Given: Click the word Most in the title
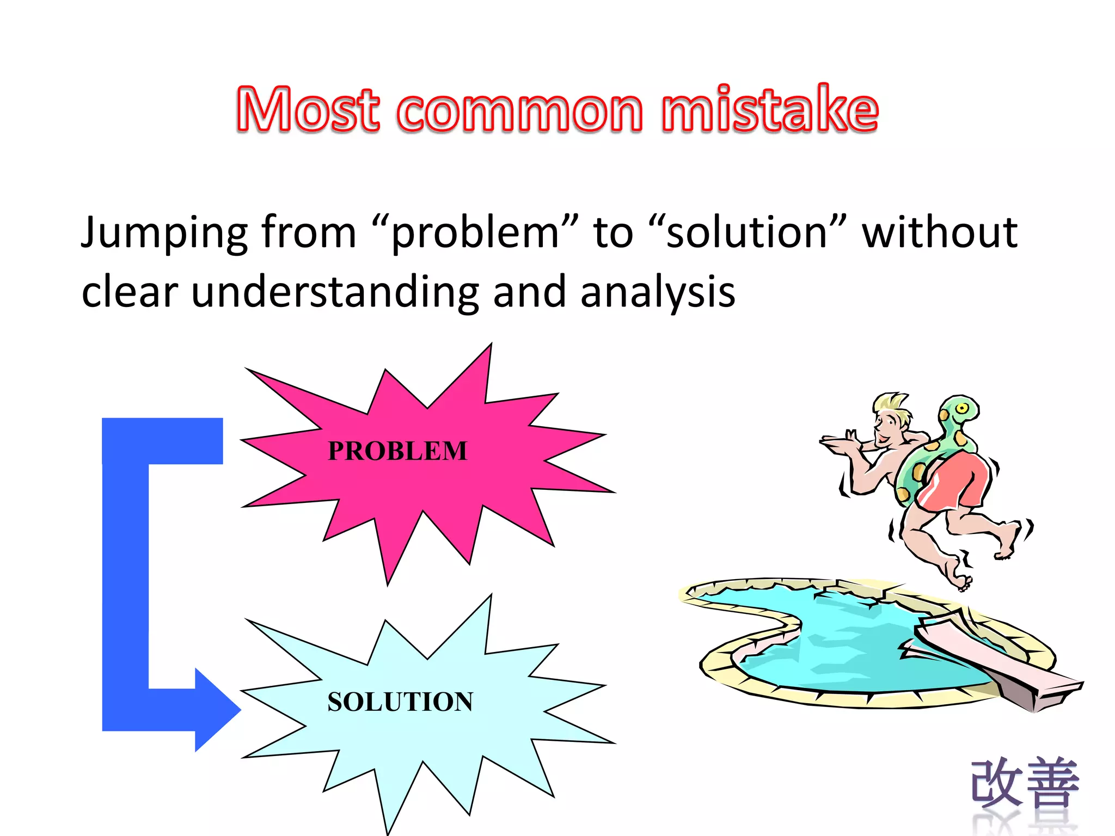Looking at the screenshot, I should pos(308,110).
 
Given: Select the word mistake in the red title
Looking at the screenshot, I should pos(769,110).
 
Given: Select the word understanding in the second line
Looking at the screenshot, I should pos(335,293).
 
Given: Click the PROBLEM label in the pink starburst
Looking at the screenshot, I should pos(397,451).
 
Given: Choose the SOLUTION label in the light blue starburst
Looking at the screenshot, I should pos(400,702).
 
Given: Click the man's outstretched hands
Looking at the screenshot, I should pos(838,441).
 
